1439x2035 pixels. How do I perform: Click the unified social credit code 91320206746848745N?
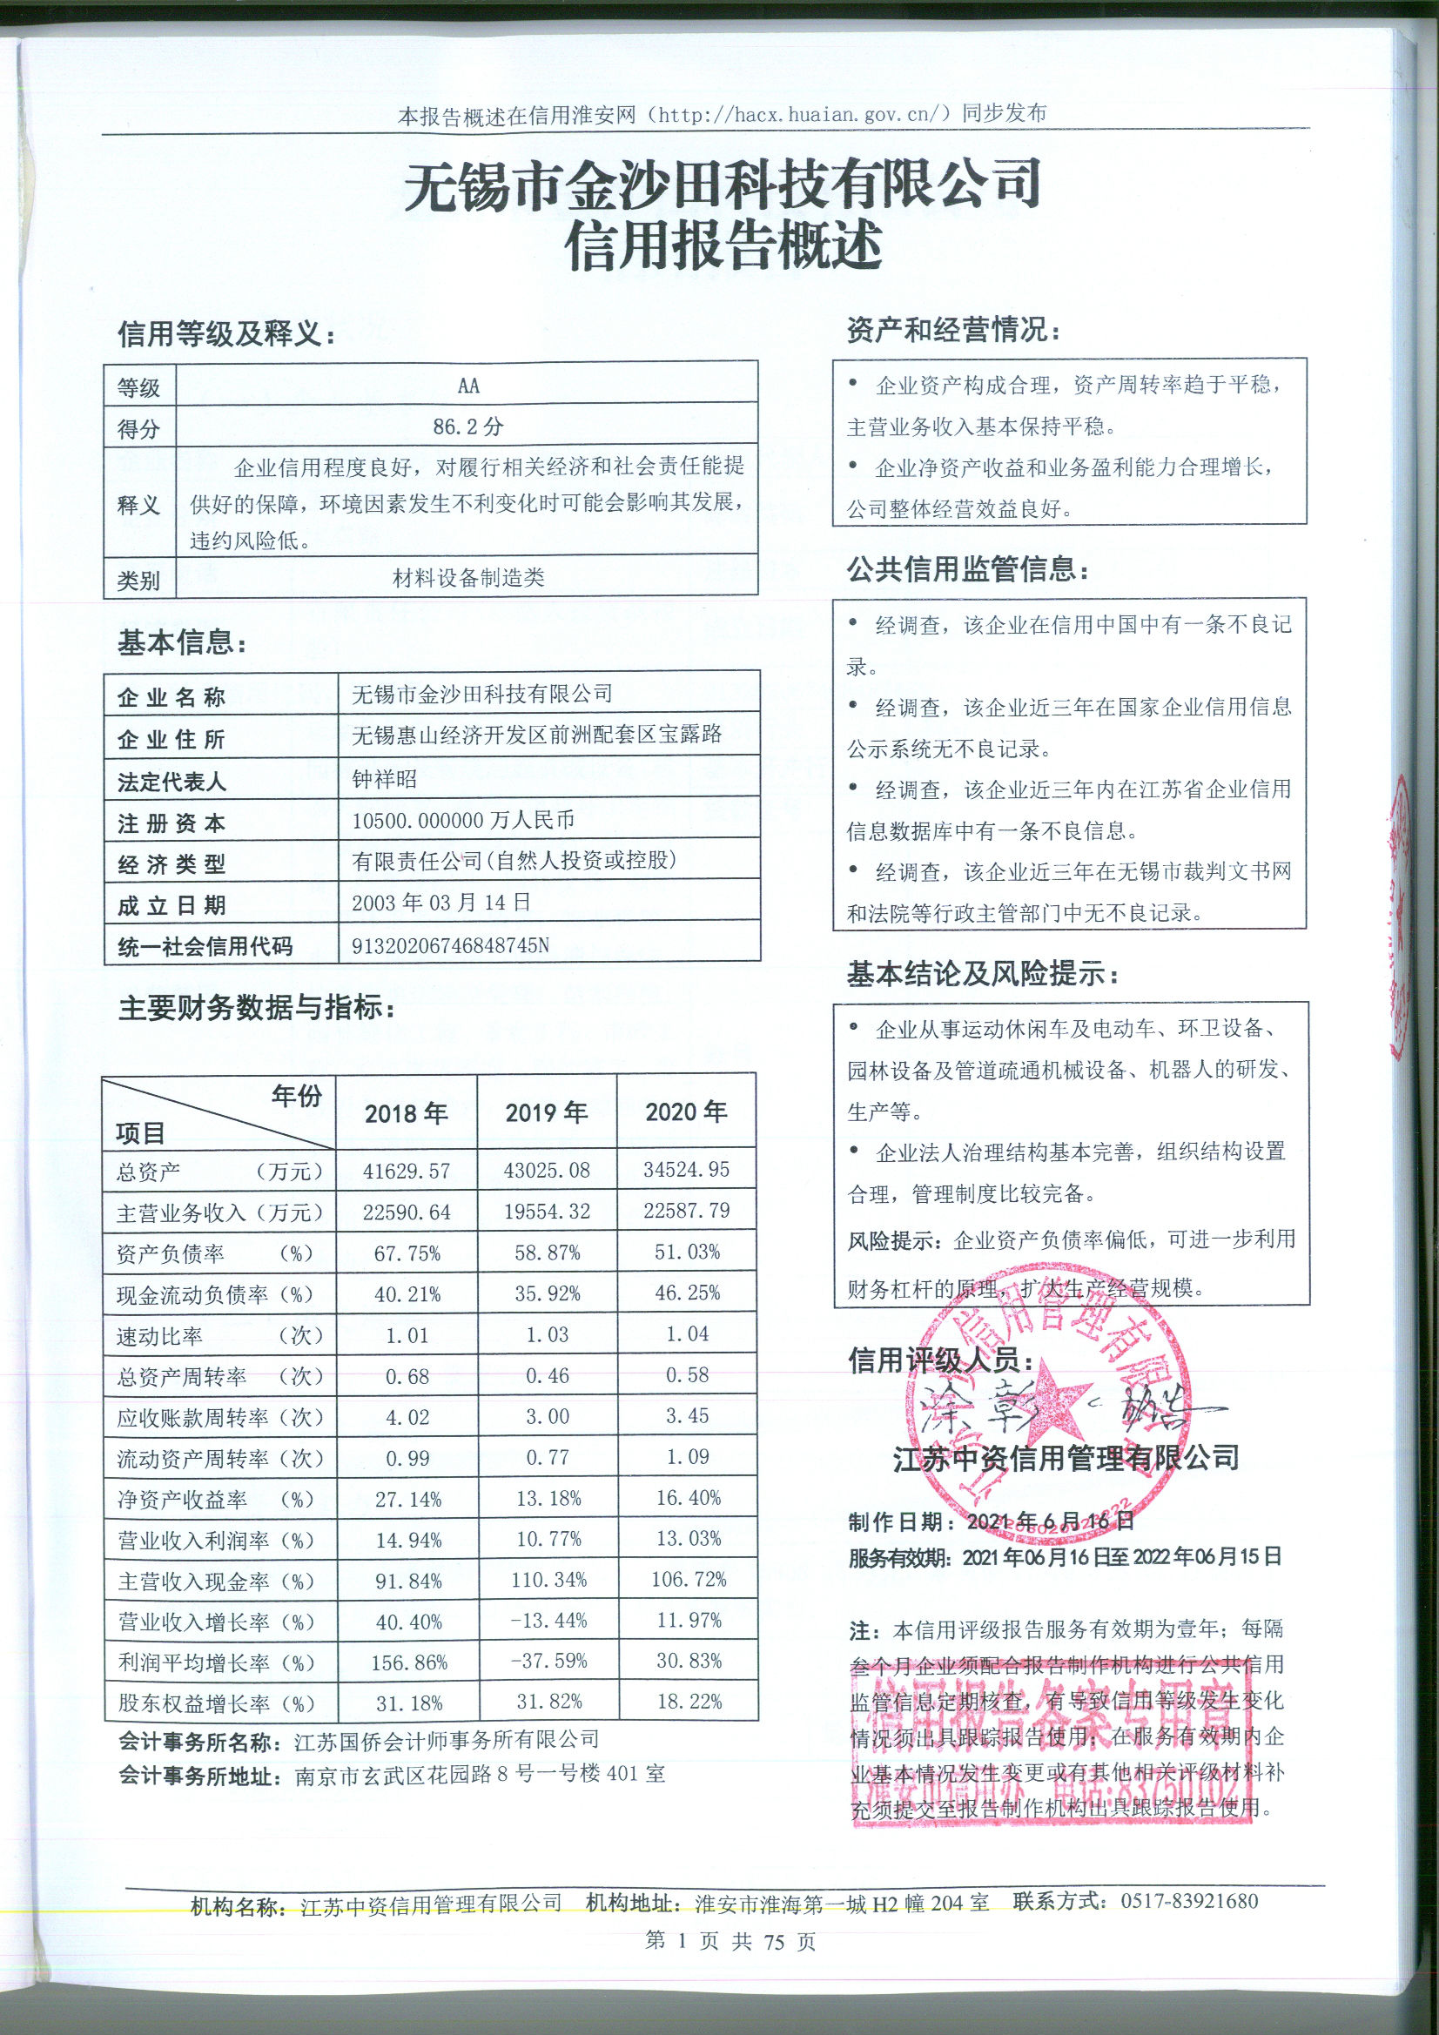pos(450,945)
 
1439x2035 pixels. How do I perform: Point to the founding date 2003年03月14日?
pos(440,903)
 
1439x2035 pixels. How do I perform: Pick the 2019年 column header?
pos(546,1112)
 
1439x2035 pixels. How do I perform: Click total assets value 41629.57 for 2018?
pos(407,1171)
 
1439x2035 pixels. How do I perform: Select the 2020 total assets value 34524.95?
pos(687,1169)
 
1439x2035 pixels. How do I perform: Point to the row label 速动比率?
pos(159,1336)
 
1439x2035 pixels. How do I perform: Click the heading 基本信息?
pos(183,644)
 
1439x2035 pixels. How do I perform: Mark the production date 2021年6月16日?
pos(1051,1521)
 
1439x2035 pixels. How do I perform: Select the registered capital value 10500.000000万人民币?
pos(464,821)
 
